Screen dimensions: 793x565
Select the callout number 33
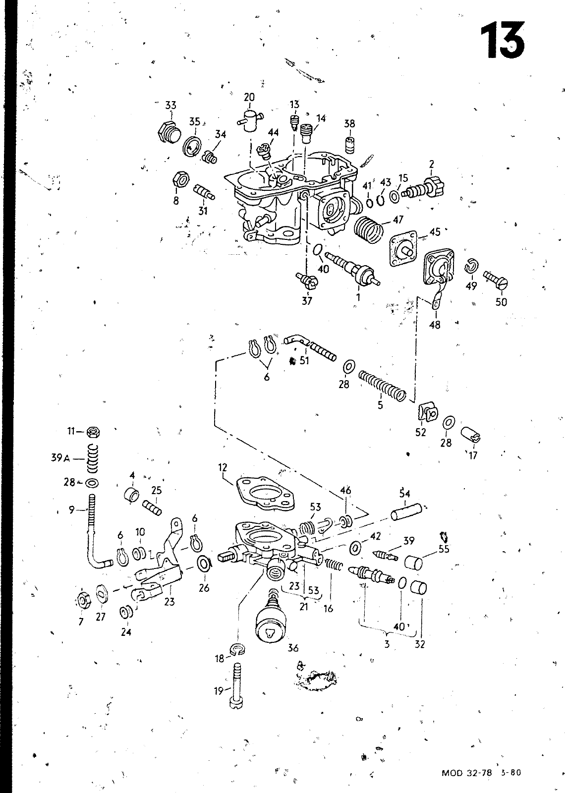pos(170,105)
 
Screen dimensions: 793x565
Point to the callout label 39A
pos(60,458)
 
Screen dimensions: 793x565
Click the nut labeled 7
pos(82,602)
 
